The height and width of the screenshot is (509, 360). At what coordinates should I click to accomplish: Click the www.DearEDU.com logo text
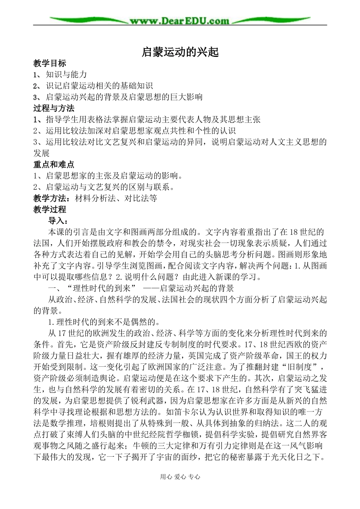(180, 20)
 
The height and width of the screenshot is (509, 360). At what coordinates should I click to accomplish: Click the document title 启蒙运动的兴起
(180, 52)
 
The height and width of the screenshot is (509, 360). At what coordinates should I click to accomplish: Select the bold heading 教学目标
(50, 63)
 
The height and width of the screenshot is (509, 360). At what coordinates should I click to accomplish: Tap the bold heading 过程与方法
(54, 108)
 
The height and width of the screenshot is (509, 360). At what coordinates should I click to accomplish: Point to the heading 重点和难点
(54, 165)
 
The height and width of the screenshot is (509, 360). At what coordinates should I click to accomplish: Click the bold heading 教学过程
(50, 209)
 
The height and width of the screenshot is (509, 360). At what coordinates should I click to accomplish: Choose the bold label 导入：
(58, 221)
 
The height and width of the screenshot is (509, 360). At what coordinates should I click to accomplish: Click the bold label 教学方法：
(54, 198)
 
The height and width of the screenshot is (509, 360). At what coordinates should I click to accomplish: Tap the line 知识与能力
(66, 74)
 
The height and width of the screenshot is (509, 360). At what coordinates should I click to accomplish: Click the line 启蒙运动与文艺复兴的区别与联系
(108, 187)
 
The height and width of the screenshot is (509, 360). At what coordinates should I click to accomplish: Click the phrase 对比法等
(141, 198)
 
